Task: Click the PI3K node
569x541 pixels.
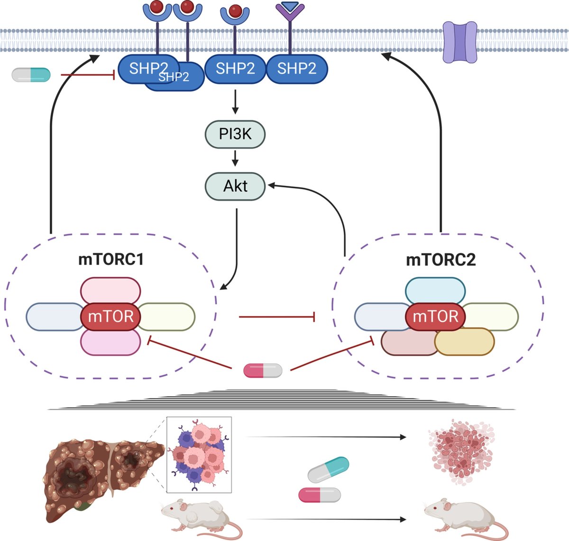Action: [235, 135]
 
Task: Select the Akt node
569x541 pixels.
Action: [235, 186]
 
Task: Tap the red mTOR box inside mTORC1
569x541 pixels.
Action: [110, 316]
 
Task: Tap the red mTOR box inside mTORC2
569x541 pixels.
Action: [435, 316]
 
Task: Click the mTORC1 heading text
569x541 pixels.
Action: [110, 260]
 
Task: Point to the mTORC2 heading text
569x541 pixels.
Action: [441, 260]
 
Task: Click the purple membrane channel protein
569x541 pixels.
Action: [459, 42]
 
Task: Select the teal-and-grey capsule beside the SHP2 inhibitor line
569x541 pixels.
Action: [31, 74]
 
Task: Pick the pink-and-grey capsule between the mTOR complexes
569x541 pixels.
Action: [263, 370]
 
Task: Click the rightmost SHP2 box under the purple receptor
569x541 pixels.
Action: [297, 69]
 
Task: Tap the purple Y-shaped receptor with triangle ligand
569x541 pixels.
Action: [290, 19]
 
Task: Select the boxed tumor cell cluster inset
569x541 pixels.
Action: [199, 454]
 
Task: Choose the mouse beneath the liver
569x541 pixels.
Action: [199, 517]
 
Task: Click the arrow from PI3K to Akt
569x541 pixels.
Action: [235, 158]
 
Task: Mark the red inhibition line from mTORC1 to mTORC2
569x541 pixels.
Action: [277, 317]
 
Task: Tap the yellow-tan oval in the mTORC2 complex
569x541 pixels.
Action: [464, 342]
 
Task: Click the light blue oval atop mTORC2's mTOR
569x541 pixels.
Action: [435, 290]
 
